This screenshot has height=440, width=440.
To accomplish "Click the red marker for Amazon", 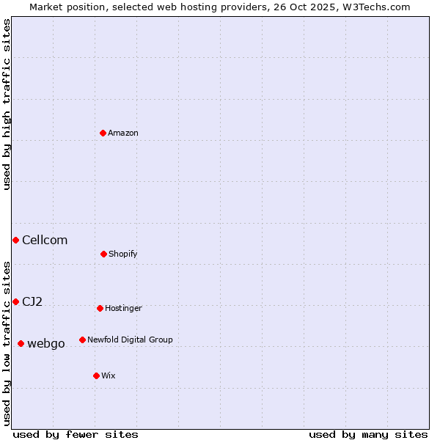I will click(103, 133).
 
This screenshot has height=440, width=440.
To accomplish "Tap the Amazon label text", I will click(123, 133).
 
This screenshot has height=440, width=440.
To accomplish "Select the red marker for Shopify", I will click(103, 254).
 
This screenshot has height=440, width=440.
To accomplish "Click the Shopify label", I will click(123, 254).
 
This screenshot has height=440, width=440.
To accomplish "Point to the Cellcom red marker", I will click(15, 240).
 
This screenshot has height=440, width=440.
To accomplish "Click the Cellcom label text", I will click(45, 240).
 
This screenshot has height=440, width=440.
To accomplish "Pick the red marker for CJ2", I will click(15, 301).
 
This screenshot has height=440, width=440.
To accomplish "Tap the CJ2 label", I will click(32, 301).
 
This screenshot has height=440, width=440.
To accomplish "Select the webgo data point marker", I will click(21, 343).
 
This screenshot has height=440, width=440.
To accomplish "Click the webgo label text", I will click(46, 343).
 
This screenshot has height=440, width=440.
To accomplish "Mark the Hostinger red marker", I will click(100, 308).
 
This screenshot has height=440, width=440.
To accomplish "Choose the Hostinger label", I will click(123, 308).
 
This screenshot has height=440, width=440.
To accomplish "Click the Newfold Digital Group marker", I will click(82, 340).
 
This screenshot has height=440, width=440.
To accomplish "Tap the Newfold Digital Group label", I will click(130, 340).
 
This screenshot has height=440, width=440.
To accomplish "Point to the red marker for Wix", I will click(96, 375).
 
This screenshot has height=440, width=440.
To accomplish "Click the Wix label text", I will click(109, 375).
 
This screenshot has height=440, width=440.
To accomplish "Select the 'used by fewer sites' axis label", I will click(76, 434).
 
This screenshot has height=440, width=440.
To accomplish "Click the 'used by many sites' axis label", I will click(368, 434).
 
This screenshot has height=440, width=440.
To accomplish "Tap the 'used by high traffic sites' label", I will click(7, 104).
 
